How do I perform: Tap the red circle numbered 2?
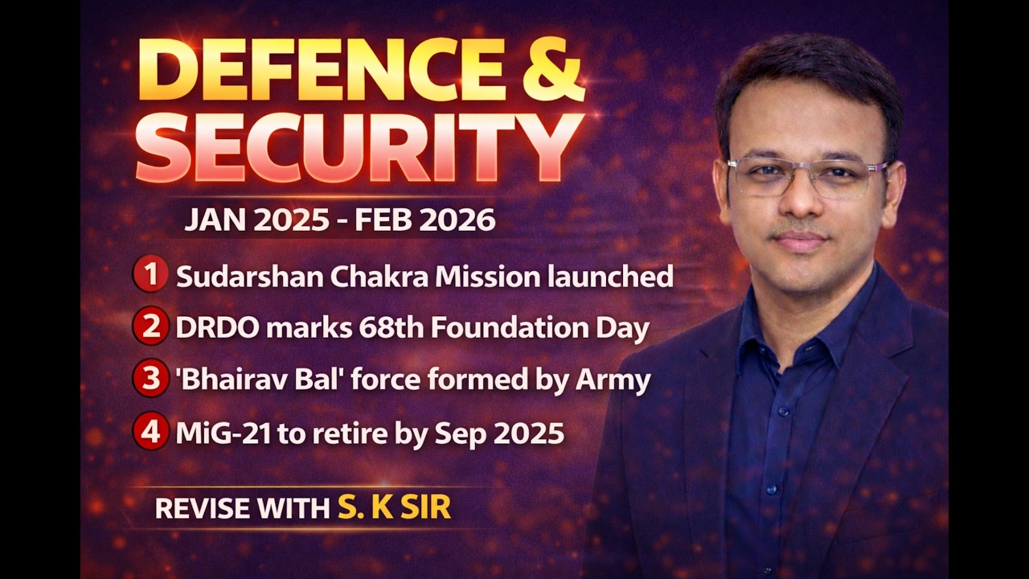click(150, 327)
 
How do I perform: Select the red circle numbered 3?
click(150, 380)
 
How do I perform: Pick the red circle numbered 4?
click(150, 433)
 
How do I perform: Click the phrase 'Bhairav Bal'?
click(241, 380)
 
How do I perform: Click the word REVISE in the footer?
click(202, 508)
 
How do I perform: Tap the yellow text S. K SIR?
click(394, 508)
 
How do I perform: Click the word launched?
click(610, 277)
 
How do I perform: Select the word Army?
click(613, 380)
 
